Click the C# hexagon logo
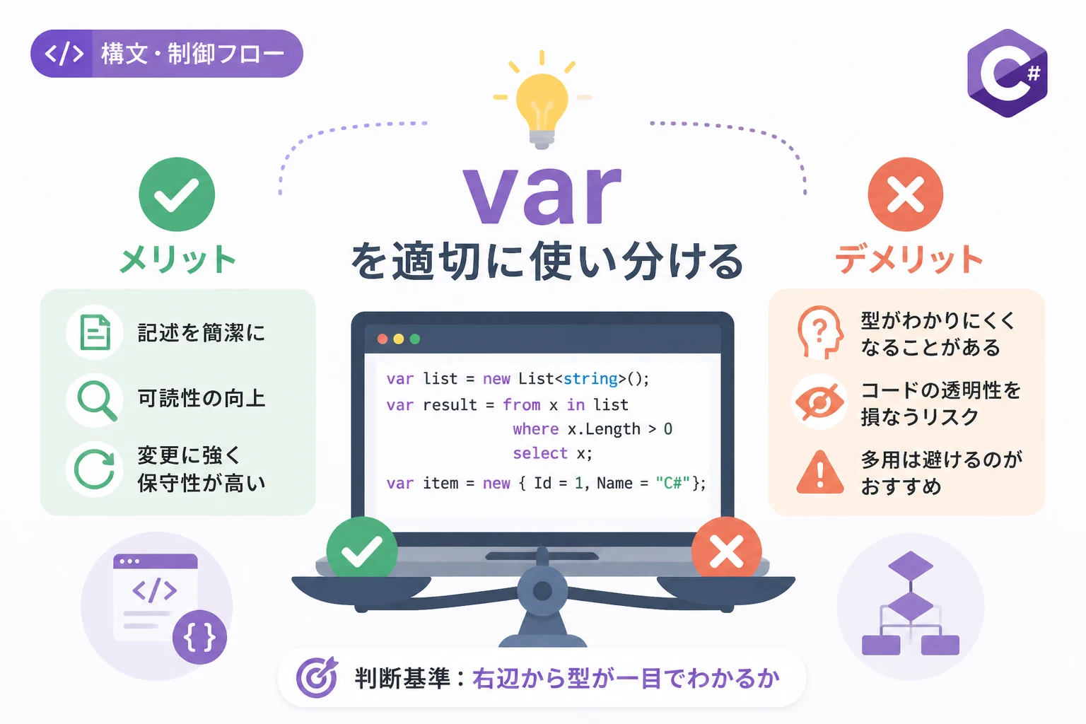pyautogui.click(x=1008, y=74)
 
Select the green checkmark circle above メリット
pyautogui.click(x=177, y=194)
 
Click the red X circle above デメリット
pyautogui.click(x=906, y=194)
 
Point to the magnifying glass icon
pyautogui.click(x=97, y=401)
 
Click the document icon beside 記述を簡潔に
pyautogui.click(x=95, y=332)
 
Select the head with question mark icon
pyautogui.click(x=820, y=332)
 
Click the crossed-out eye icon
pyautogui.click(x=820, y=402)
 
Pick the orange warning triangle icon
pyautogui.click(x=820, y=472)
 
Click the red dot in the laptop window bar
pyautogui.click(x=383, y=339)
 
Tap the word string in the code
pyautogui.click(x=590, y=378)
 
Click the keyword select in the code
pyautogui.click(x=540, y=453)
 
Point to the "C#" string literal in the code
pyautogui.click(x=673, y=483)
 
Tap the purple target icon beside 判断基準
pyautogui.click(x=317, y=677)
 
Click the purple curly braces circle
pyautogui.click(x=200, y=637)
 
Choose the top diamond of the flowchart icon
pyautogui.click(x=911, y=566)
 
